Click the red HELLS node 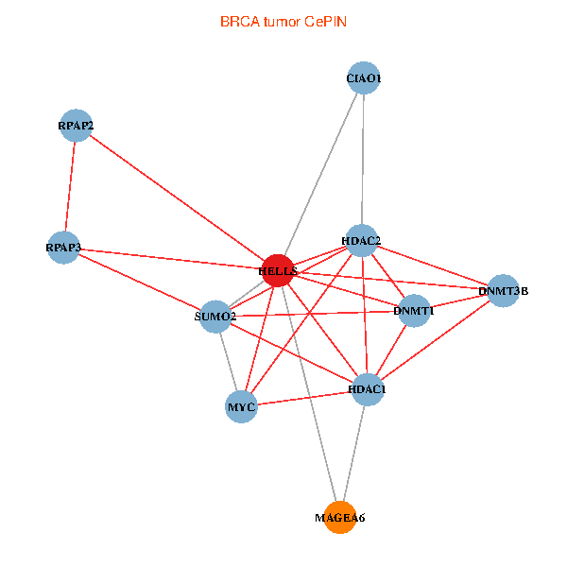click(x=278, y=270)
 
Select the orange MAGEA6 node click(x=339, y=517)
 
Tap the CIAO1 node click(x=364, y=79)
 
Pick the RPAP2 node click(x=76, y=126)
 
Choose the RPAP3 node click(x=63, y=248)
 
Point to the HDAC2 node click(x=361, y=241)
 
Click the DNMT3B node click(x=504, y=290)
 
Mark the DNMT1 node click(x=414, y=310)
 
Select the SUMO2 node click(x=215, y=317)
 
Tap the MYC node click(x=241, y=407)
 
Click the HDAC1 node click(x=368, y=388)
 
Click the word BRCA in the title click(x=238, y=21)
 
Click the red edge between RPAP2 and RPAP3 click(x=70, y=186)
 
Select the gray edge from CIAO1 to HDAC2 click(x=363, y=161)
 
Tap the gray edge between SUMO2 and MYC click(x=228, y=361)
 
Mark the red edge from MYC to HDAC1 click(x=304, y=398)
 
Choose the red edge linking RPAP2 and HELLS click(x=177, y=198)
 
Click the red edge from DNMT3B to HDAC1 click(x=437, y=338)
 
